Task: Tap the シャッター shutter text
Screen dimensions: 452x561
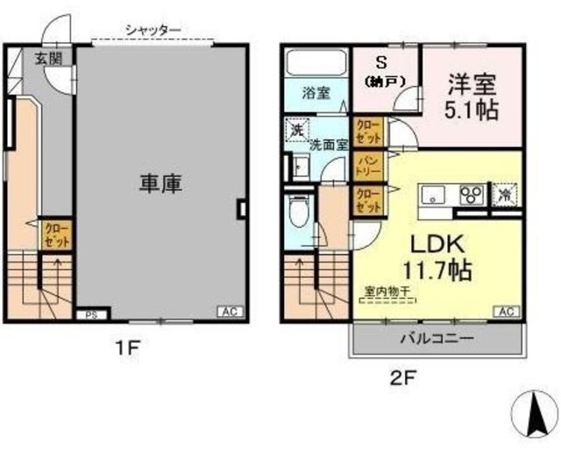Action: pyautogui.click(x=153, y=31)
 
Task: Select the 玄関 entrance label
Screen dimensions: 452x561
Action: pyautogui.click(x=48, y=60)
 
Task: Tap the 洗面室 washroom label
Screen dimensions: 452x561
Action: pyautogui.click(x=329, y=145)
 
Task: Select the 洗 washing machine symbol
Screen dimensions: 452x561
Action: pyautogui.click(x=296, y=129)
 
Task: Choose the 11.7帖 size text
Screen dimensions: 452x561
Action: pyautogui.click(x=438, y=269)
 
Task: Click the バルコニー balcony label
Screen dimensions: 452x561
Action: pyautogui.click(x=437, y=339)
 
